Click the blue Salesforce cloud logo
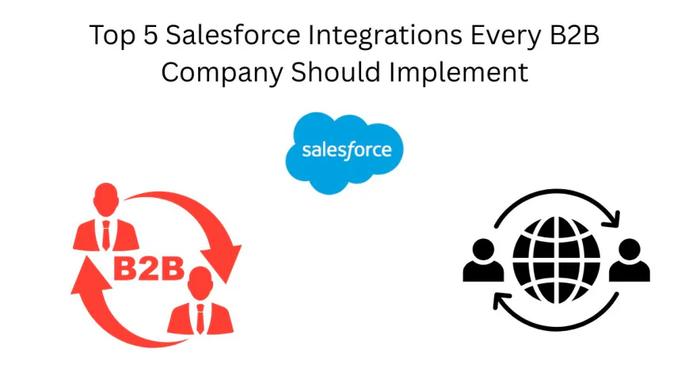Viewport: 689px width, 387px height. point(344,152)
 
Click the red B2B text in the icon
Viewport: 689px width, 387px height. point(147,269)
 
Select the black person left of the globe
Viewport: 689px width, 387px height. point(484,262)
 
